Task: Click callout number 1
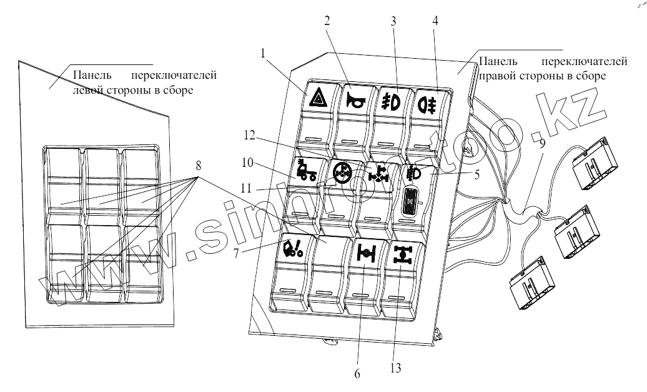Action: coord(265,54)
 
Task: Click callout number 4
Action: coord(435,19)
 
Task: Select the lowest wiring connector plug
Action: coord(528,284)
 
